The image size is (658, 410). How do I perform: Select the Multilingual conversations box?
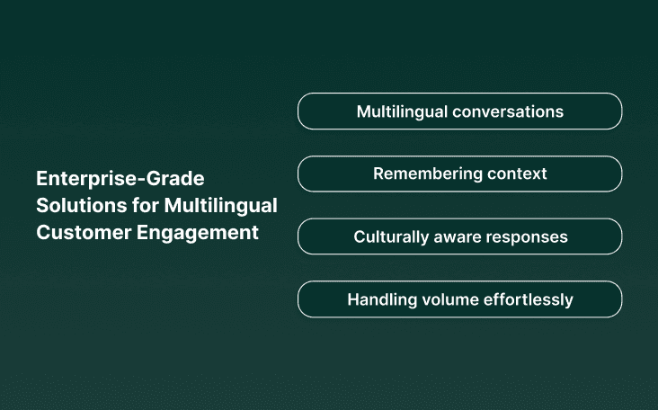459,111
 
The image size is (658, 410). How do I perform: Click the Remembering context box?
459,174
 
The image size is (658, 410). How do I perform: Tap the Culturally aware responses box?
459,236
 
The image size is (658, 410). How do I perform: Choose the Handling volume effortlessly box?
459,299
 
